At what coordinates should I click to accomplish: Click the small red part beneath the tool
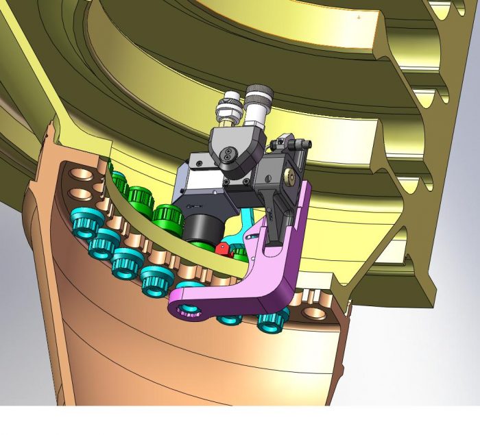(x=222, y=247)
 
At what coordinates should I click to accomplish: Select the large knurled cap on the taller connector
(x=258, y=92)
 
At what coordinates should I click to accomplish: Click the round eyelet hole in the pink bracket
(x=187, y=312)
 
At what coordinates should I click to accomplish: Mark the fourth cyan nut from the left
(x=156, y=277)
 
